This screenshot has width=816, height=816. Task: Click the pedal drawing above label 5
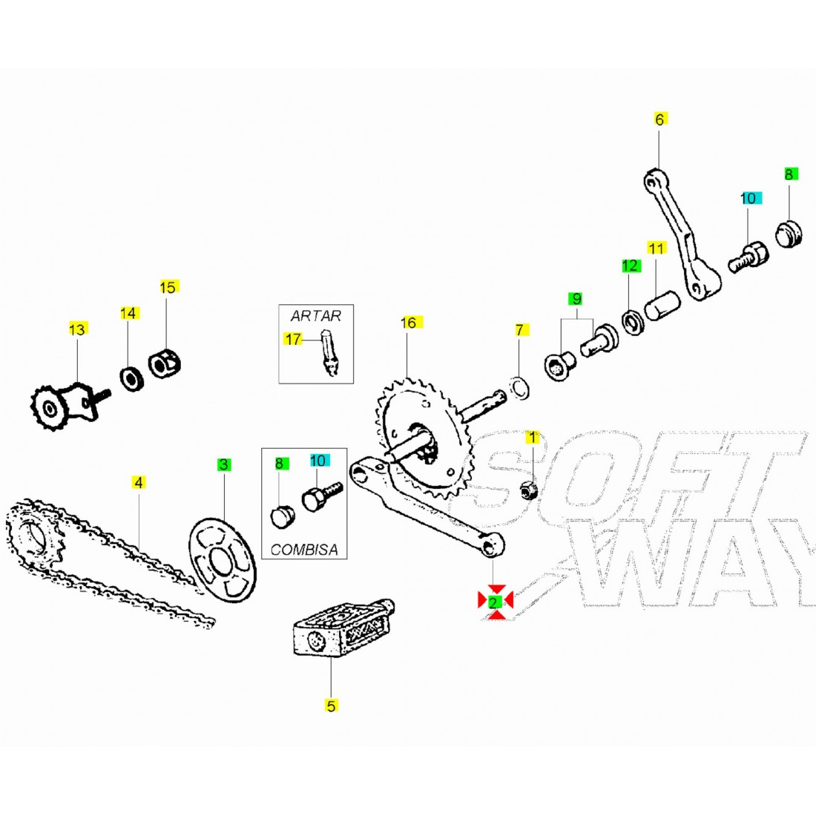pos(343,627)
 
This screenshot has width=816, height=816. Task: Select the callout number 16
pos(409,322)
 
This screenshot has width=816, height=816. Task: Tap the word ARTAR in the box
pos(316,315)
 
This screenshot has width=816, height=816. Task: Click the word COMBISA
pos(304,550)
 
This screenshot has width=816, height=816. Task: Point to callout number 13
pos(77,329)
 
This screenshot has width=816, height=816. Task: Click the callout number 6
pos(660,119)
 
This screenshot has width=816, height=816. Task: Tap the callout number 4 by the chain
pos(138,482)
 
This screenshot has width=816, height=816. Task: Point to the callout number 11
pos(657,247)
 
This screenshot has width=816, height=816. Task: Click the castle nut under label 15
pos(166,363)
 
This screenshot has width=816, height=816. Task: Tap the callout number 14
pos(128,314)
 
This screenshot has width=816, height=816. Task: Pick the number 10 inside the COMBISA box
pos(317,461)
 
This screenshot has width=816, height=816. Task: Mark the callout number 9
pos(576,299)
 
